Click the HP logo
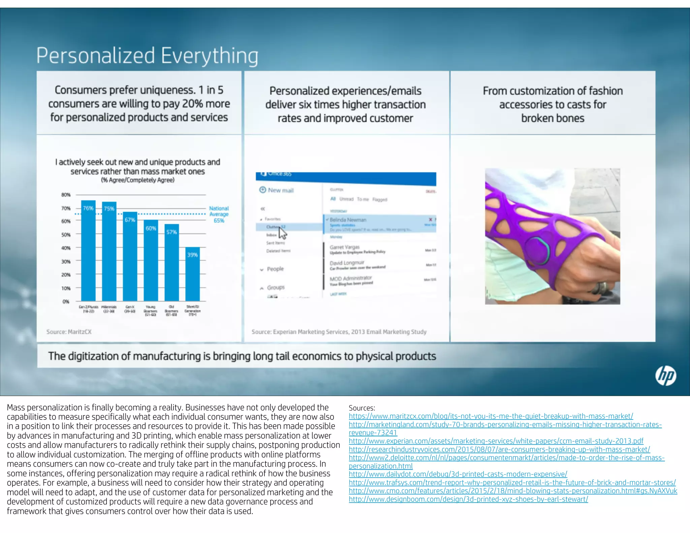click(665, 376)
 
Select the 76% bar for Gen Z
click(88, 251)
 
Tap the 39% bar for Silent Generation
click(192, 274)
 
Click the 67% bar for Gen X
click(130, 256)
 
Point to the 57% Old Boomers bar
click(171, 262)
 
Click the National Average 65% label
click(219, 214)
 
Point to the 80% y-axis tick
click(66, 195)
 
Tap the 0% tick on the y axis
click(66, 302)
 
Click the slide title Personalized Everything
click(147, 55)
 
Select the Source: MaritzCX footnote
click(69, 332)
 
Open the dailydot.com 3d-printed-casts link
click(458, 474)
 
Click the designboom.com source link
click(468, 499)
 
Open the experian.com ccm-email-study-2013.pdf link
click(496, 441)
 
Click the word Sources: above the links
click(362, 408)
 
